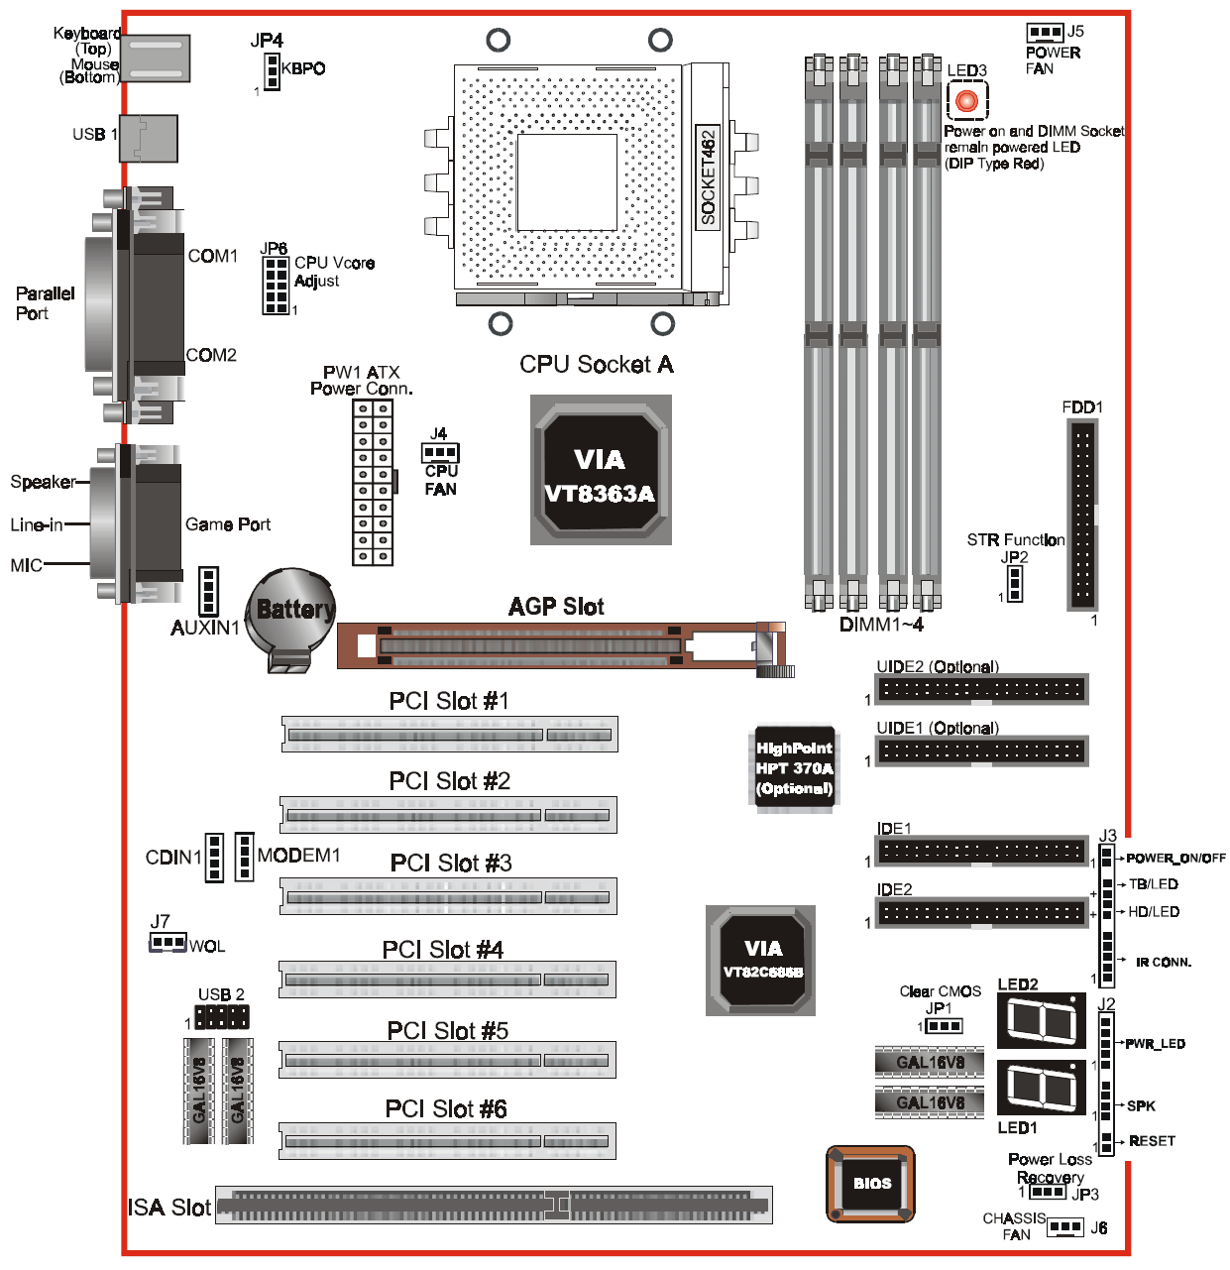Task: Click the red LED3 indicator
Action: (x=966, y=100)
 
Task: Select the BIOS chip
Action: (x=871, y=1183)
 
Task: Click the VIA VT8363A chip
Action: (x=601, y=471)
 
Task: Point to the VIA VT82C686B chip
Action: (x=761, y=961)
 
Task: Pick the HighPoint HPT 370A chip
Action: (x=794, y=768)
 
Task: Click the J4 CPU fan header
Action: (x=440, y=453)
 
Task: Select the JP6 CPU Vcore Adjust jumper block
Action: (x=276, y=286)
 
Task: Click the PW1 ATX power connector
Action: (x=373, y=483)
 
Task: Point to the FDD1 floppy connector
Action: (x=1082, y=514)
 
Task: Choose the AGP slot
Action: (x=530, y=645)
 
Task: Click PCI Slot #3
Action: (x=448, y=897)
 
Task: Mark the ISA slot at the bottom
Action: (x=494, y=1206)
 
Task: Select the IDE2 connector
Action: (x=981, y=912)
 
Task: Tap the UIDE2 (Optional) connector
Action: (x=981, y=689)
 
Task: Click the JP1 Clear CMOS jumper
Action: (x=943, y=1026)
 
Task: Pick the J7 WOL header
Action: (x=168, y=942)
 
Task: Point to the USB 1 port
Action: (x=149, y=138)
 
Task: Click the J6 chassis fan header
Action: (x=1065, y=1227)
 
